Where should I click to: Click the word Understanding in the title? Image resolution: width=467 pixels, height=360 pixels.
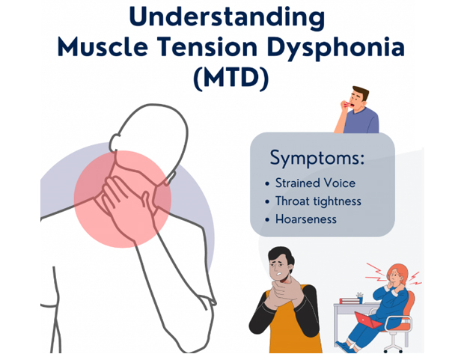pyautogui.click(x=227, y=17)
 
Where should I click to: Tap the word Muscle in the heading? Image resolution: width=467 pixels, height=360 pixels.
pyautogui.click(x=103, y=46)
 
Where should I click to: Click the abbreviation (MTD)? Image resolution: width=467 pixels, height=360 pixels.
pyautogui.click(x=231, y=78)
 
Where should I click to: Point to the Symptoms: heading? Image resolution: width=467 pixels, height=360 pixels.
pyautogui.click(x=317, y=158)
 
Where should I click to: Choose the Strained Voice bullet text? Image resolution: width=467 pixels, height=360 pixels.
pyautogui.click(x=315, y=183)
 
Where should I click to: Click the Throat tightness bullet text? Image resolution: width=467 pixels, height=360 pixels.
pyautogui.click(x=318, y=201)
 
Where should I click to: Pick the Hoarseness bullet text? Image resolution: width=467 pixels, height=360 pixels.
pyautogui.click(x=306, y=219)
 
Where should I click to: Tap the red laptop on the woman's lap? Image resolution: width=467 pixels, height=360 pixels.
pyautogui.click(x=368, y=320)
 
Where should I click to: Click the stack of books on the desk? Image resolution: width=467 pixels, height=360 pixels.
pyautogui.click(x=350, y=301)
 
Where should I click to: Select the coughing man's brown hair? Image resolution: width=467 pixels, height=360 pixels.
pyautogui.click(x=361, y=92)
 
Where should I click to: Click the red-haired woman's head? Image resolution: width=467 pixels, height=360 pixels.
pyautogui.click(x=397, y=274)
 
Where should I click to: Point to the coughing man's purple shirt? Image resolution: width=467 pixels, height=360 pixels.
pyautogui.click(x=361, y=120)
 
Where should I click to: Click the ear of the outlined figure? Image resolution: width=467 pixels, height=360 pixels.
pyautogui.click(x=115, y=143)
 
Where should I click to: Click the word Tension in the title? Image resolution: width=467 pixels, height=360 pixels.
pyautogui.click(x=207, y=46)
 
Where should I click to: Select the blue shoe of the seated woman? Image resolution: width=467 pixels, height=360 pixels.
pyautogui.click(x=346, y=347)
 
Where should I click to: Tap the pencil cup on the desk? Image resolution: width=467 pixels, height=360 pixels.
pyautogui.click(x=360, y=299)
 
